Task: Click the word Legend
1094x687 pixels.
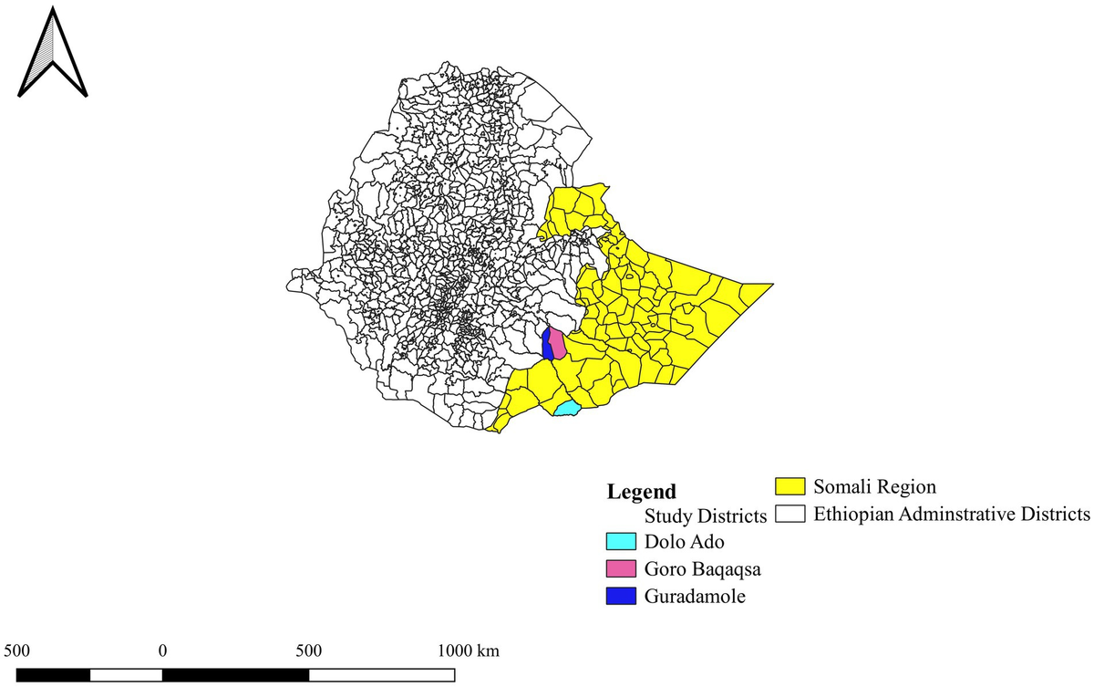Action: [x=642, y=492]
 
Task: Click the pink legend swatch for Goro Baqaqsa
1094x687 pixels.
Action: [x=620, y=569]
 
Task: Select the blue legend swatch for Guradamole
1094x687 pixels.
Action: [x=620, y=597]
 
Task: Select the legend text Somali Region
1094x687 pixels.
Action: [x=874, y=487]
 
